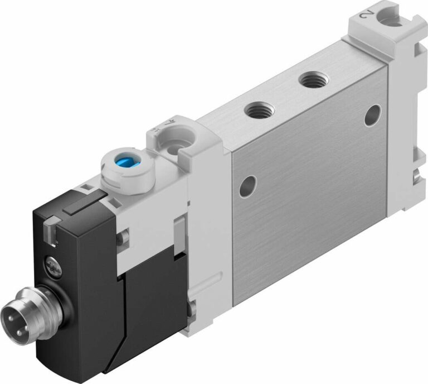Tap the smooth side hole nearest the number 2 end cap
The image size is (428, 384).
coord(372,116)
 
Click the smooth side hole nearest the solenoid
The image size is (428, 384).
coord(247,186)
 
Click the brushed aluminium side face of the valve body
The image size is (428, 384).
coord(312,184)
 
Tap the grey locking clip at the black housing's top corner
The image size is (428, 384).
coord(50,229)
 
